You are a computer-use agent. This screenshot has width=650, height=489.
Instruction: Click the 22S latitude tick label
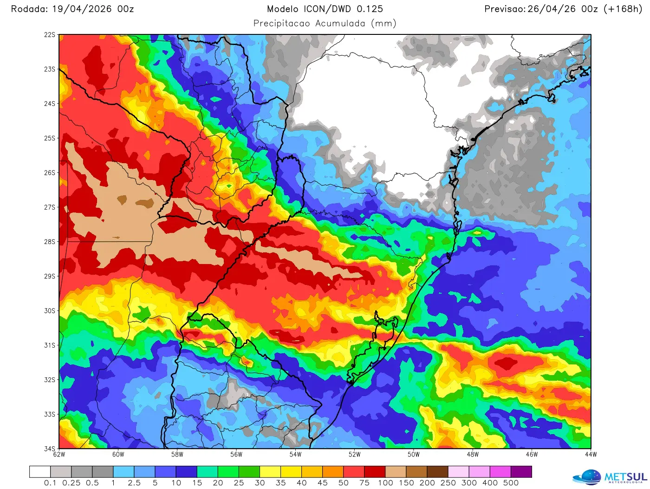click(x=50, y=35)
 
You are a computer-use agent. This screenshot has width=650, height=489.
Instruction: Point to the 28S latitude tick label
click(x=50, y=242)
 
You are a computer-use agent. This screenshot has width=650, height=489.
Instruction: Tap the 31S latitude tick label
click(x=50, y=345)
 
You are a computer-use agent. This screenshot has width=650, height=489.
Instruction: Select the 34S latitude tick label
click(x=50, y=449)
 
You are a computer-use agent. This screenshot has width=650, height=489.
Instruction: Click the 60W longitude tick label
click(x=118, y=455)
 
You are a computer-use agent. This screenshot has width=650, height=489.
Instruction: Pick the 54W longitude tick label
click(x=295, y=455)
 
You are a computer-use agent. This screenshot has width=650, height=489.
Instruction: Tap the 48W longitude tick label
click(x=473, y=455)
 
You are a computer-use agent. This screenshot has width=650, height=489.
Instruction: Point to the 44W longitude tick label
click(x=591, y=455)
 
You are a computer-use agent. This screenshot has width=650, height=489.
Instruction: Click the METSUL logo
click(x=610, y=477)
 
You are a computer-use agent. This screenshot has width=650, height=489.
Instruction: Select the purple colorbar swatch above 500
click(x=521, y=472)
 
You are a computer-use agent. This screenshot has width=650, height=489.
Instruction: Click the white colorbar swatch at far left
click(x=39, y=472)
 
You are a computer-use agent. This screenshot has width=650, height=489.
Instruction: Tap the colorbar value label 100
click(x=385, y=483)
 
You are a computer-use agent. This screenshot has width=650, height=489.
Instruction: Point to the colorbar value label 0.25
click(x=71, y=483)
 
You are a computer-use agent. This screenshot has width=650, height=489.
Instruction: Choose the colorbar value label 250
click(x=448, y=483)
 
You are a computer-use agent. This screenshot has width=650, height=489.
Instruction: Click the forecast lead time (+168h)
click(x=623, y=9)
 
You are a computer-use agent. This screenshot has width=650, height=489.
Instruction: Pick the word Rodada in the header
click(x=29, y=9)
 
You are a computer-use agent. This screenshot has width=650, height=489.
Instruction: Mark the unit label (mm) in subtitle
click(x=383, y=24)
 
